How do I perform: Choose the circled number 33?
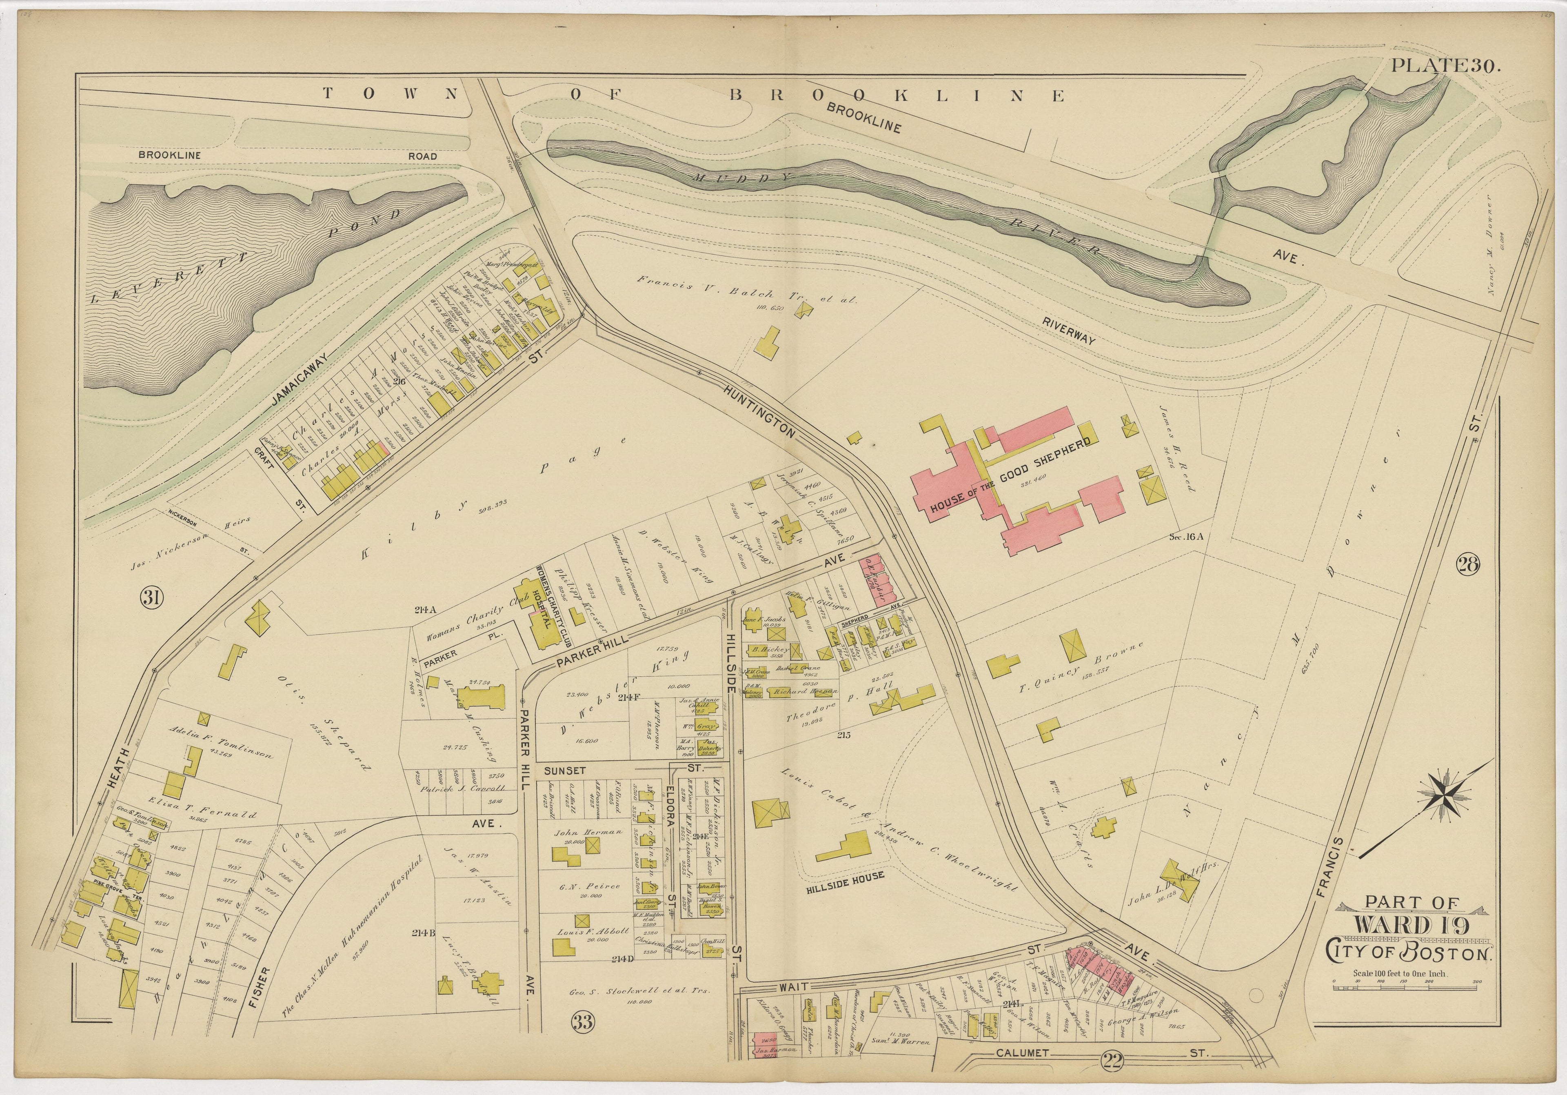click(x=583, y=1021)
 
